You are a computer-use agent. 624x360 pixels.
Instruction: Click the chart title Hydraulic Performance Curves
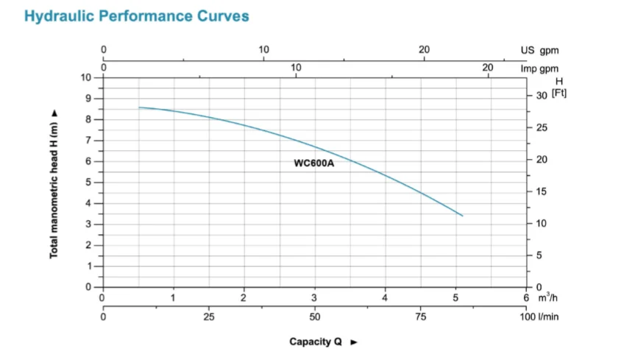tap(137, 16)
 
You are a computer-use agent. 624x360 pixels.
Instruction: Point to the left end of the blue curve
tap(139, 107)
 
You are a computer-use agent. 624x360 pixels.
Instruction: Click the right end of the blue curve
tap(462, 216)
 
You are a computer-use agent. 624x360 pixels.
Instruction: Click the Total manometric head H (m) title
tap(54, 184)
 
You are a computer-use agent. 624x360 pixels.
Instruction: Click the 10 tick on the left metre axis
tap(86, 77)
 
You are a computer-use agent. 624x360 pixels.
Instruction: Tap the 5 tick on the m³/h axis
tap(456, 297)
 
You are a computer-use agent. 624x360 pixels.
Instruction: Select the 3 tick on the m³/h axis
tap(314, 297)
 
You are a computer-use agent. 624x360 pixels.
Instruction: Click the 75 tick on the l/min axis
tap(421, 317)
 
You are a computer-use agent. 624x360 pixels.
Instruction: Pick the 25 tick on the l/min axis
tap(208, 317)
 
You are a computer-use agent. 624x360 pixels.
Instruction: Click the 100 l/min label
tap(544, 317)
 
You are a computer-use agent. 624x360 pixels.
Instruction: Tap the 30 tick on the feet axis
tap(542, 96)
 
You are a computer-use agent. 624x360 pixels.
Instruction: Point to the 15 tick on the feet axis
tap(542, 191)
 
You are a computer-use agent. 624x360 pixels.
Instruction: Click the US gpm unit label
tap(539, 51)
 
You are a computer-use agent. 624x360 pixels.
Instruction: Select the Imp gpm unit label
tap(539, 69)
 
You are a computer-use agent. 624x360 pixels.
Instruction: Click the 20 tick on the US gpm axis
tap(424, 50)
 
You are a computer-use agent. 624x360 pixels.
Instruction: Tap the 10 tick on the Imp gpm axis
tap(296, 68)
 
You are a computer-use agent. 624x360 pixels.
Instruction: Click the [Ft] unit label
tap(559, 94)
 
